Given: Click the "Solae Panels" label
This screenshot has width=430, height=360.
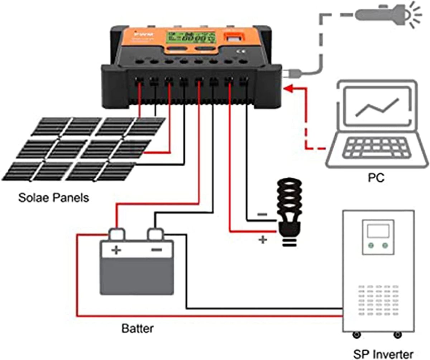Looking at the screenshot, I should pos(53,197).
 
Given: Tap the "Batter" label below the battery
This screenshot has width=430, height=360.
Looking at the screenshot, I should pos(138,328).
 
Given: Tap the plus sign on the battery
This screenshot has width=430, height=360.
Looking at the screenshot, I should pos(116,250).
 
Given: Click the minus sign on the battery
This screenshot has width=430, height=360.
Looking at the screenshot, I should pos(157,250).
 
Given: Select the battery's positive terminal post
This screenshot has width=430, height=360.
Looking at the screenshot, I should pos(117,234).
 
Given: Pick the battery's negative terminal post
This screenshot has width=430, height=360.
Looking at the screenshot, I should pos(156,234).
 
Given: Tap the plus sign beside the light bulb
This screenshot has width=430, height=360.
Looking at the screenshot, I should pos(263,240).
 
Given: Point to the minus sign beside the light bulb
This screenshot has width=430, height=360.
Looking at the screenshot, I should pos(262,215).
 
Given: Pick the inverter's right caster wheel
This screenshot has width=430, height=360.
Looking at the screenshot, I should pos(397,335).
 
